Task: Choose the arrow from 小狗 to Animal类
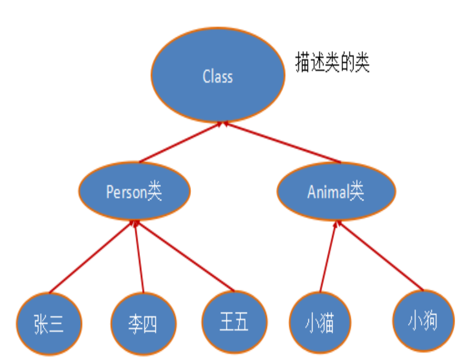tap(380, 255)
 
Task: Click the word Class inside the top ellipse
tap(218, 77)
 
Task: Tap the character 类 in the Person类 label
tap(155, 192)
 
